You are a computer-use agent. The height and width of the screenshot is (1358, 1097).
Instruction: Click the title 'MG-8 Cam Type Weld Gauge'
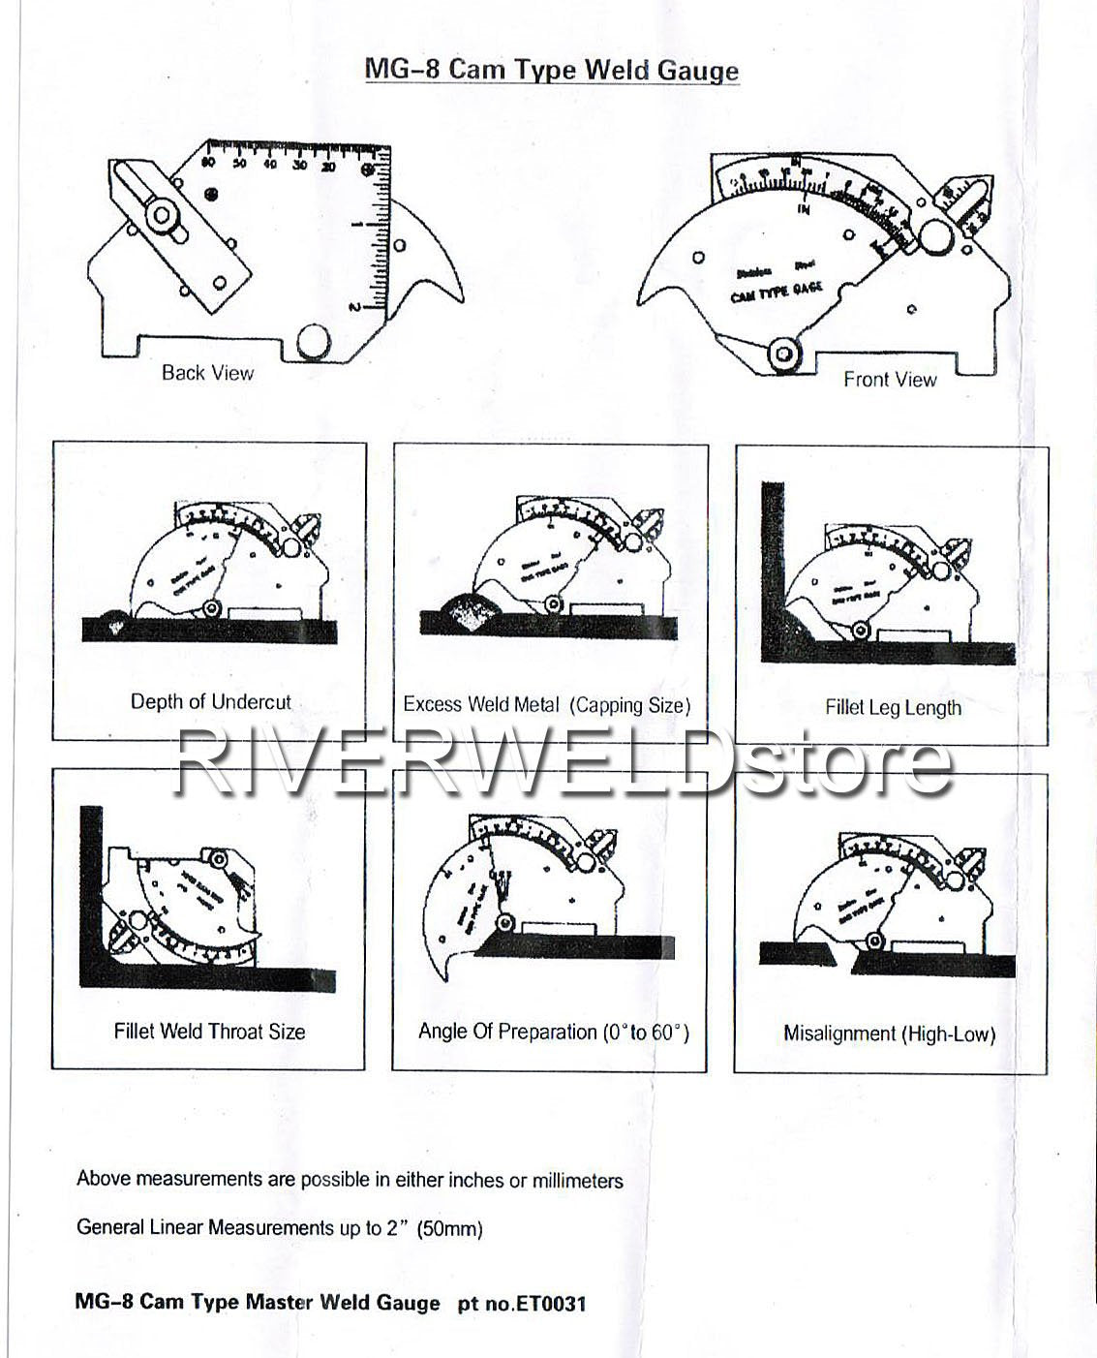click(x=551, y=70)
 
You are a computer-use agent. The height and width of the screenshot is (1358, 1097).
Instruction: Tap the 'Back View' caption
click(x=207, y=373)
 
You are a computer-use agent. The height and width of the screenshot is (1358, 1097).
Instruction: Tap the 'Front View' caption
click(x=889, y=380)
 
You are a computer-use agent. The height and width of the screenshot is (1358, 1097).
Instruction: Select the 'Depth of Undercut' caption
click(x=210, y=701)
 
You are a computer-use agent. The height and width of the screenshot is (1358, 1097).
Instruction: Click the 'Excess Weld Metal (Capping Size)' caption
click(x=547, y=705)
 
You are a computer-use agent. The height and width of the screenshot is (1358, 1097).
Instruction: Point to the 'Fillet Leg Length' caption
click(x=893, y=707)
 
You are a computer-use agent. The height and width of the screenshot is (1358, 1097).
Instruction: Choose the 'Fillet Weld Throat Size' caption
click(x=209, y=1032)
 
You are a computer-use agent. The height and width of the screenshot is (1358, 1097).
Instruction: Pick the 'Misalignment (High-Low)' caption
click(x=889, y=1034)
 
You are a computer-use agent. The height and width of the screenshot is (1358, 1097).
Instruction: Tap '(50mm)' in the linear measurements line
click(x=449, y=1228)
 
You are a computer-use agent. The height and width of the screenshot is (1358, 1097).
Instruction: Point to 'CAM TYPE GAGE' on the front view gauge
click(x=776, y=290)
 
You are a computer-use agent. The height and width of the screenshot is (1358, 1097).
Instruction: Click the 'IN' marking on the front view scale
click(x=804, y=209)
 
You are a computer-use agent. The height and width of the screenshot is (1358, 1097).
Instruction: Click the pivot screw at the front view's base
click(x=782, y=355)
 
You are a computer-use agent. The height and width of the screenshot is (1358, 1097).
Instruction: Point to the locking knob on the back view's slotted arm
click(x=161, y=215)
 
